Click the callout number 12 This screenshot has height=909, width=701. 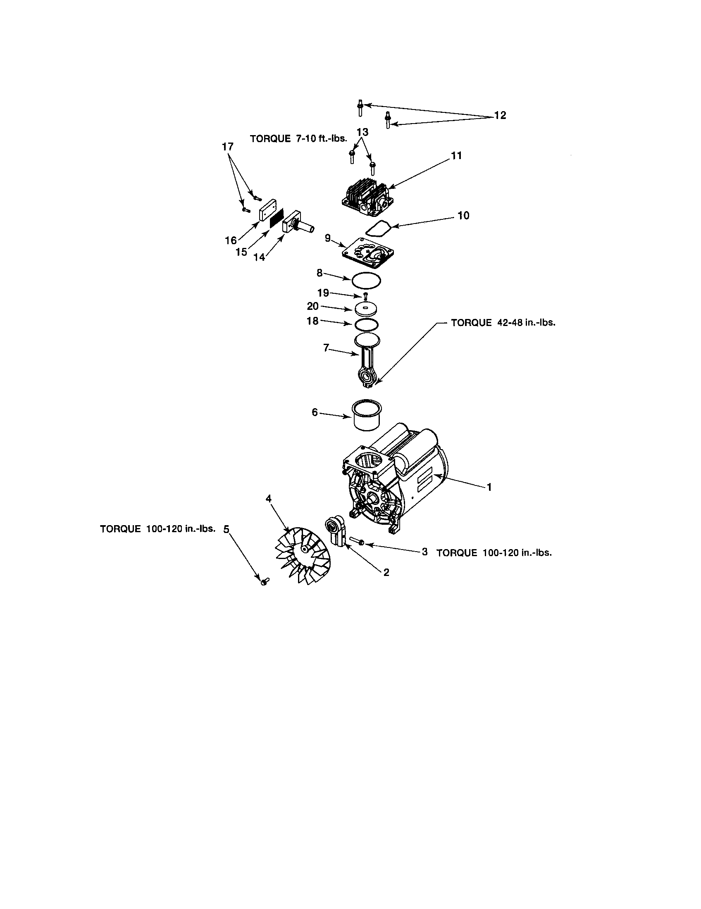coord(500,115)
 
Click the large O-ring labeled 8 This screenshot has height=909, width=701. coord(366,280)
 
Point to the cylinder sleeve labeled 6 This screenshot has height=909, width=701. coord(367,418)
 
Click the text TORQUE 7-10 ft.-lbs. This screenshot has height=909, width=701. coord(298,138)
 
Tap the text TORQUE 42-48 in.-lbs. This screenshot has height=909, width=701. coord(503,323)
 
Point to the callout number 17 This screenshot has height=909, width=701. coord(228,147)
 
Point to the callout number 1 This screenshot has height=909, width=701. coord(489,487)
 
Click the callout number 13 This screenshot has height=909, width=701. coord(362,132)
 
